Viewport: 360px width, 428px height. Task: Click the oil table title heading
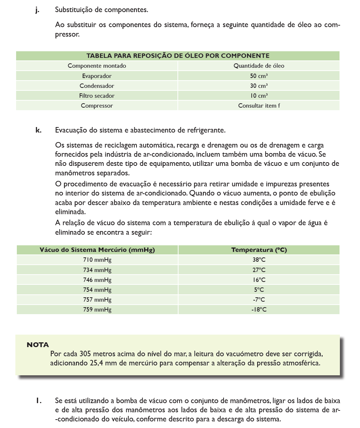[x=178, y=56]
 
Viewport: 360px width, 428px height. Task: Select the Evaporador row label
[x=97, y=76]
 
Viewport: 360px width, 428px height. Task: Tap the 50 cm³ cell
[x=259, y=76]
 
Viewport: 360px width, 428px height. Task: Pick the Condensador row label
[x=97, y=86]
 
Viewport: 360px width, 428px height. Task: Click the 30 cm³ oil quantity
[x=259, y=86]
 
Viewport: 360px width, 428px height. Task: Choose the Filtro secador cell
[x=97, y=96]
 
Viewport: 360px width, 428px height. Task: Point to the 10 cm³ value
[x=259, y=96]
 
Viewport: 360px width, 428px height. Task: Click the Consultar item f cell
[x=259, y=105]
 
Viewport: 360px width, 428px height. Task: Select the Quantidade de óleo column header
[x=259, y=66]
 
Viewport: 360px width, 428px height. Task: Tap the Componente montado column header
[x=97, y=66]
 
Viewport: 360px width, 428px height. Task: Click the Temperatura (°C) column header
[x=259, y=250]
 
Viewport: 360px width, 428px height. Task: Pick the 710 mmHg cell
[x=97, y=260]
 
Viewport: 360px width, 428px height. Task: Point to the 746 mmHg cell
[x=97, y=280]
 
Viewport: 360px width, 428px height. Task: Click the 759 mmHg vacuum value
[x=97, y=309]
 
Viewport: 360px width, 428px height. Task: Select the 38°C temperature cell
[x=259, y=260]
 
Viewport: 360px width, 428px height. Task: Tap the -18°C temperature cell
[x=259, y=309]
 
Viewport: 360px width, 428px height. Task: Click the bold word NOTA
[x=38, y=345]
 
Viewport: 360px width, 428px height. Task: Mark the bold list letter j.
[x=37, y=10]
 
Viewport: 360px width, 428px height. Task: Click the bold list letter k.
[x=38, y=130]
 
